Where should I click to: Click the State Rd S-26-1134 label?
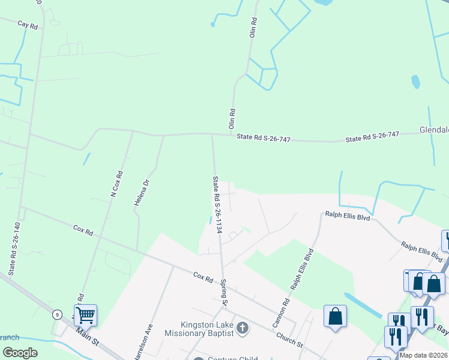pos(217,205)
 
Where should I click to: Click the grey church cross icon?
pos(243,328)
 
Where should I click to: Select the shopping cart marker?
pos(86,314)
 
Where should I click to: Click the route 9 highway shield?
pos(56,314)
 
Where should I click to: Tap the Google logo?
pos(20,353)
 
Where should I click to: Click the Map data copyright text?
pos(424,355)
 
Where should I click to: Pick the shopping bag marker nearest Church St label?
pos(335,316)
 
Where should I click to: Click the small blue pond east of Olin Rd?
pos(415,81)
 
